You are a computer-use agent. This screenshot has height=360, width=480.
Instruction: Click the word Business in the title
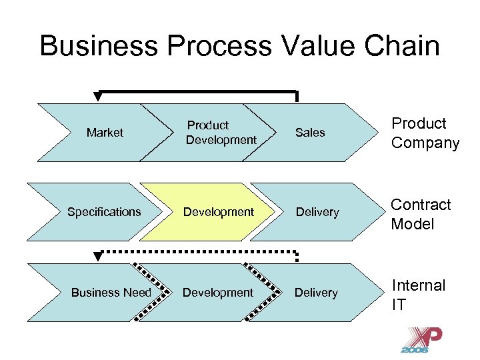tap(96, 46)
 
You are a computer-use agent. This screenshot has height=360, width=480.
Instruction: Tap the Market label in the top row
tap(105, 133)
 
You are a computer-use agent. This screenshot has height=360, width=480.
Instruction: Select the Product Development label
tap(221, 133)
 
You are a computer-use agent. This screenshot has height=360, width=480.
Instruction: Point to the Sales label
tap(310, 133)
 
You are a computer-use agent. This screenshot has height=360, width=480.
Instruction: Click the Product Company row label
tap(425, 133)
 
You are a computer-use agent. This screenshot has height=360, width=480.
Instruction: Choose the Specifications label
tap(104, 212)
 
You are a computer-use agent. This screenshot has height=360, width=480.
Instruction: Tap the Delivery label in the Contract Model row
tap(317, 212)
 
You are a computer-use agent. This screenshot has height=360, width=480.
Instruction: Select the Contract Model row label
tap(421, 214)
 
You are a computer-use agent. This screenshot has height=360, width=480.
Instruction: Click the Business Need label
tap(111, 293)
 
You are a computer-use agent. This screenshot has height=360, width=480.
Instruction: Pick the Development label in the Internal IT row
tap(218, 293)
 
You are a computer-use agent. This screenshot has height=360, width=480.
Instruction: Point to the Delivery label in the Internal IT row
tap(316, 293)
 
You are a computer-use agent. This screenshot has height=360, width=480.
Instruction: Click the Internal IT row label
tap(418, 294)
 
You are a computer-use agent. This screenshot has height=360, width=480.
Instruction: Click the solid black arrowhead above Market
tap(98, 97)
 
